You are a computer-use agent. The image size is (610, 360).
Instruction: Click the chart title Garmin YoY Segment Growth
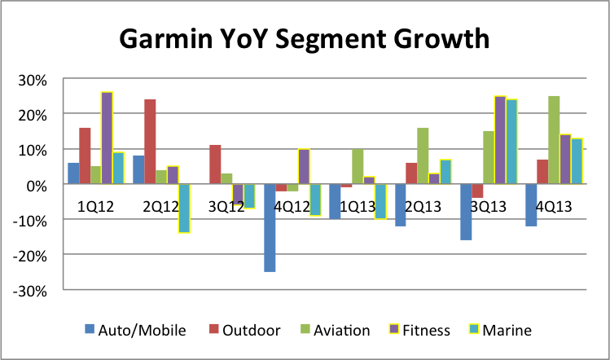(x=305, y=37)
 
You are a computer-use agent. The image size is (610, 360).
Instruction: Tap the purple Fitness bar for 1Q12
(x=107, y=138)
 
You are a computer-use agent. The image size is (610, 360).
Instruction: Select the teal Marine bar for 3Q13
(x=511, y=143)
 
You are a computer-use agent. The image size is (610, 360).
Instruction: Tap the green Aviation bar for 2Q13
(x=423, y=156)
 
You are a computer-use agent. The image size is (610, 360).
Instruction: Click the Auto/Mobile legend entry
(x=135, y=330)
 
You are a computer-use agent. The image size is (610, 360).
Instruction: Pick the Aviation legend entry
(x=334, y=330)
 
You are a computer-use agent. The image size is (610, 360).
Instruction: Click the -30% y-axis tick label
(x=32, y=290)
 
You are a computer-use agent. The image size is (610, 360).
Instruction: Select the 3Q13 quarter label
(x=486, y=206)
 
